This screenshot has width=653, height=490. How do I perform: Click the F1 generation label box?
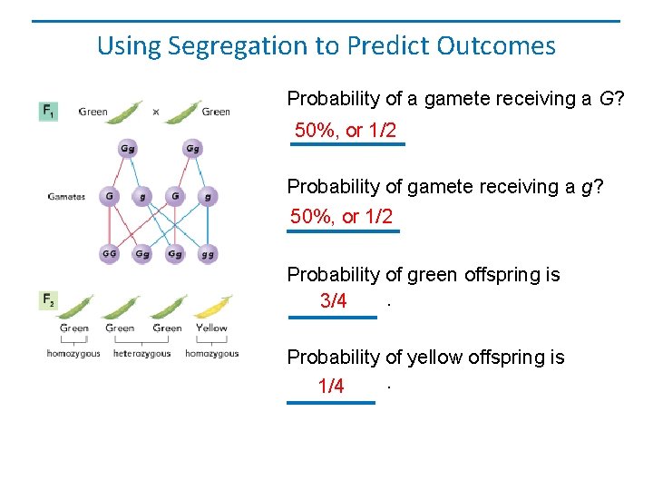coord(47,112)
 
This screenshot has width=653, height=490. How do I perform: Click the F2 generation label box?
coord(48,299)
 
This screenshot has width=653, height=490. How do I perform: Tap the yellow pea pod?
coord(212,308)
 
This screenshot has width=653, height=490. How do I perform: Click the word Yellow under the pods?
coord(211,328)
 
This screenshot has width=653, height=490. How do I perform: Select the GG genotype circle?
coord(109,253)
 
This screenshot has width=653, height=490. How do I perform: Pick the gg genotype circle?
coord(208,254)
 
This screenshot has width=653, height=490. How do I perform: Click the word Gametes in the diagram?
coord(66,196)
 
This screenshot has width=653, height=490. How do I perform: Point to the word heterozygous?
coord(141,354)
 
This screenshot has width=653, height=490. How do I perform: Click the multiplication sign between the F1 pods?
coord(156,113)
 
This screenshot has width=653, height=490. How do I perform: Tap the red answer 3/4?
coord(333,302)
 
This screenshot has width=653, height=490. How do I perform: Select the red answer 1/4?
coord(331,387)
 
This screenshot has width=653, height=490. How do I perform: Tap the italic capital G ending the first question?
coord(606,99)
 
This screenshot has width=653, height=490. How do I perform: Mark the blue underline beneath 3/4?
coord(332,317)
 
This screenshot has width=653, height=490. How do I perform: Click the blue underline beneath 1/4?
coord(331,402)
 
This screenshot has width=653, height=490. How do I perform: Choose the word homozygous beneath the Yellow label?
coord(211,354)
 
